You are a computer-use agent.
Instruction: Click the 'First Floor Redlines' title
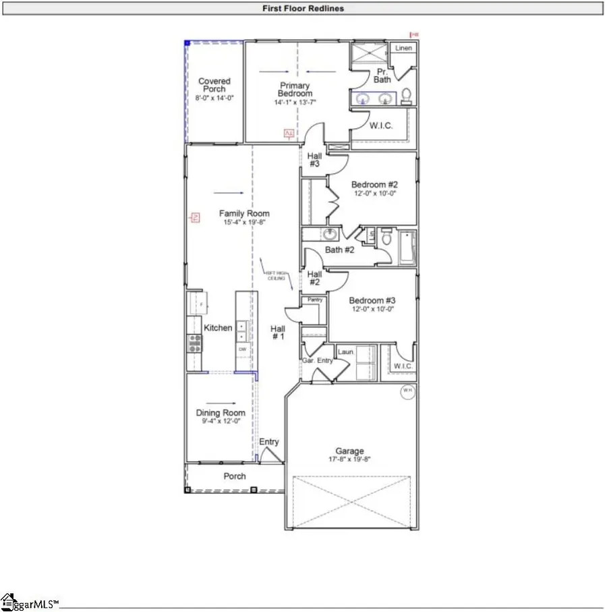303,9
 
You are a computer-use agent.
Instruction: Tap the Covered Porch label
214,85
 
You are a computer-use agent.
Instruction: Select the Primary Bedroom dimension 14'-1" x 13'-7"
295,103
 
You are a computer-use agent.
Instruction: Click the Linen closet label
403,49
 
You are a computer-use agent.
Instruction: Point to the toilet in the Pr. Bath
406,96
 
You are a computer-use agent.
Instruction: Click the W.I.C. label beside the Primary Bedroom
380,126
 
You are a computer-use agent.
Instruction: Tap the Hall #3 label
315,159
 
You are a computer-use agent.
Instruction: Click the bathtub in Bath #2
407,248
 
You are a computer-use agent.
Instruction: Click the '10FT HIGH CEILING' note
274,275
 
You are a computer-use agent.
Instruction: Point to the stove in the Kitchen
194,345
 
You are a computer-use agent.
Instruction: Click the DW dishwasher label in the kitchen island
242,350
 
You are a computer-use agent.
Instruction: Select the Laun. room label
347,352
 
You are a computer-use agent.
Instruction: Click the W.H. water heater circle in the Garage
408,391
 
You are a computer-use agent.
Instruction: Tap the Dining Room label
221,413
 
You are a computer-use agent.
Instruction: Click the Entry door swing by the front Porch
272,456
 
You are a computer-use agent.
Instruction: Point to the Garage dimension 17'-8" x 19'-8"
349,460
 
